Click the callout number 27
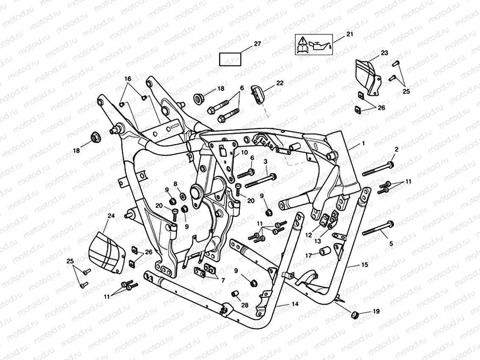[x=257, y=44]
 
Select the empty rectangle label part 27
[x=230, y=58]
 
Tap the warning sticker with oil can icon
[x=314, y=45]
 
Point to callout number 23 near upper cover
[x=384, y=53]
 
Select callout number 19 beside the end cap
[x=375, y=311]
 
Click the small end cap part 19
[x=355, y=315]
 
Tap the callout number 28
[x=244, y=305]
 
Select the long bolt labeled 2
[x=377, y=169]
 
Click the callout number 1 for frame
[x=363, y=144]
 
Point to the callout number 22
[x=280, y=83]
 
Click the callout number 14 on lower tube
[x=295, y=305]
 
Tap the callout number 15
[x=364, y=265]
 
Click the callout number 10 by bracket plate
[x=244, y=152]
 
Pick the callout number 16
[x=128, y=79]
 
